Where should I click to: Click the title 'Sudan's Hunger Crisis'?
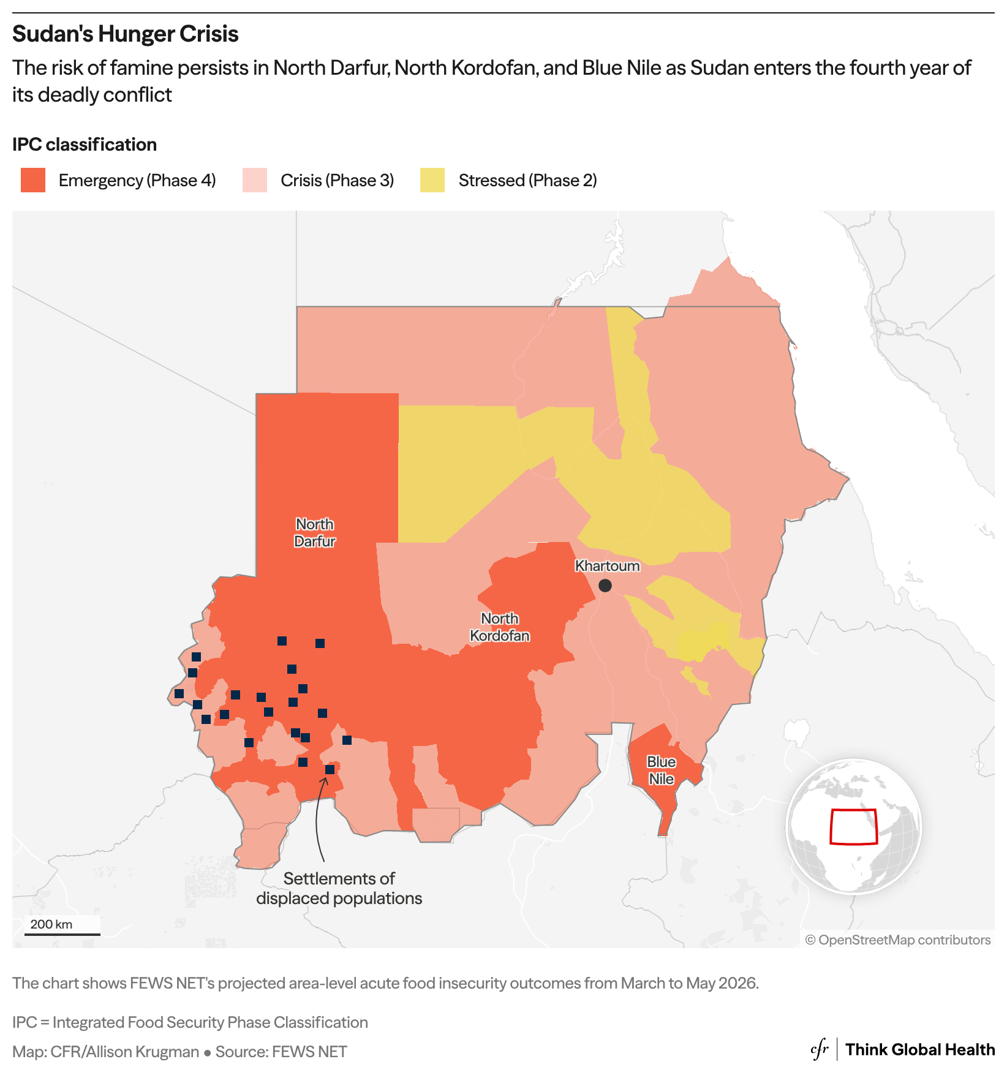click(x=125, y=34)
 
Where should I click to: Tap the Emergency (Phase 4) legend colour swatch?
click(x=33, y=181)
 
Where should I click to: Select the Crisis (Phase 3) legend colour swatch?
click(x=255, y=181)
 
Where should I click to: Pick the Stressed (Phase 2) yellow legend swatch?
click(x=432, y=181)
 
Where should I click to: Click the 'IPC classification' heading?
click(x=85, y=145)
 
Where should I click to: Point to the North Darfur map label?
click(x=315, y=533)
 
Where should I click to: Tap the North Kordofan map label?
click(x=500, y=627)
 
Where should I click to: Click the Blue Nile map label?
click(x=662, y=771)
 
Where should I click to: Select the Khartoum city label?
click(x=607, y=566)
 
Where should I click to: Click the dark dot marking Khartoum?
click(x=605, y=586)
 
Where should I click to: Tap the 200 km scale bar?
click(x=62, y=933)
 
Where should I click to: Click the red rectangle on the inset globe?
click(x=854, y=827)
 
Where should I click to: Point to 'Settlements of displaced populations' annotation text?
click(x=339, y=888)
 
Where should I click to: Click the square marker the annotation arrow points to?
click(x=330, y=769)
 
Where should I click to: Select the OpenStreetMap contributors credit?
click(x=898, y=940)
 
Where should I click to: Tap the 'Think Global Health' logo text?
click(x=920, y=1050)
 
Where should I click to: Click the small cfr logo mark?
click(x=820, y=1049)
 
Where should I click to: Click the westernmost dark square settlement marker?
click(x=179, y=694)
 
